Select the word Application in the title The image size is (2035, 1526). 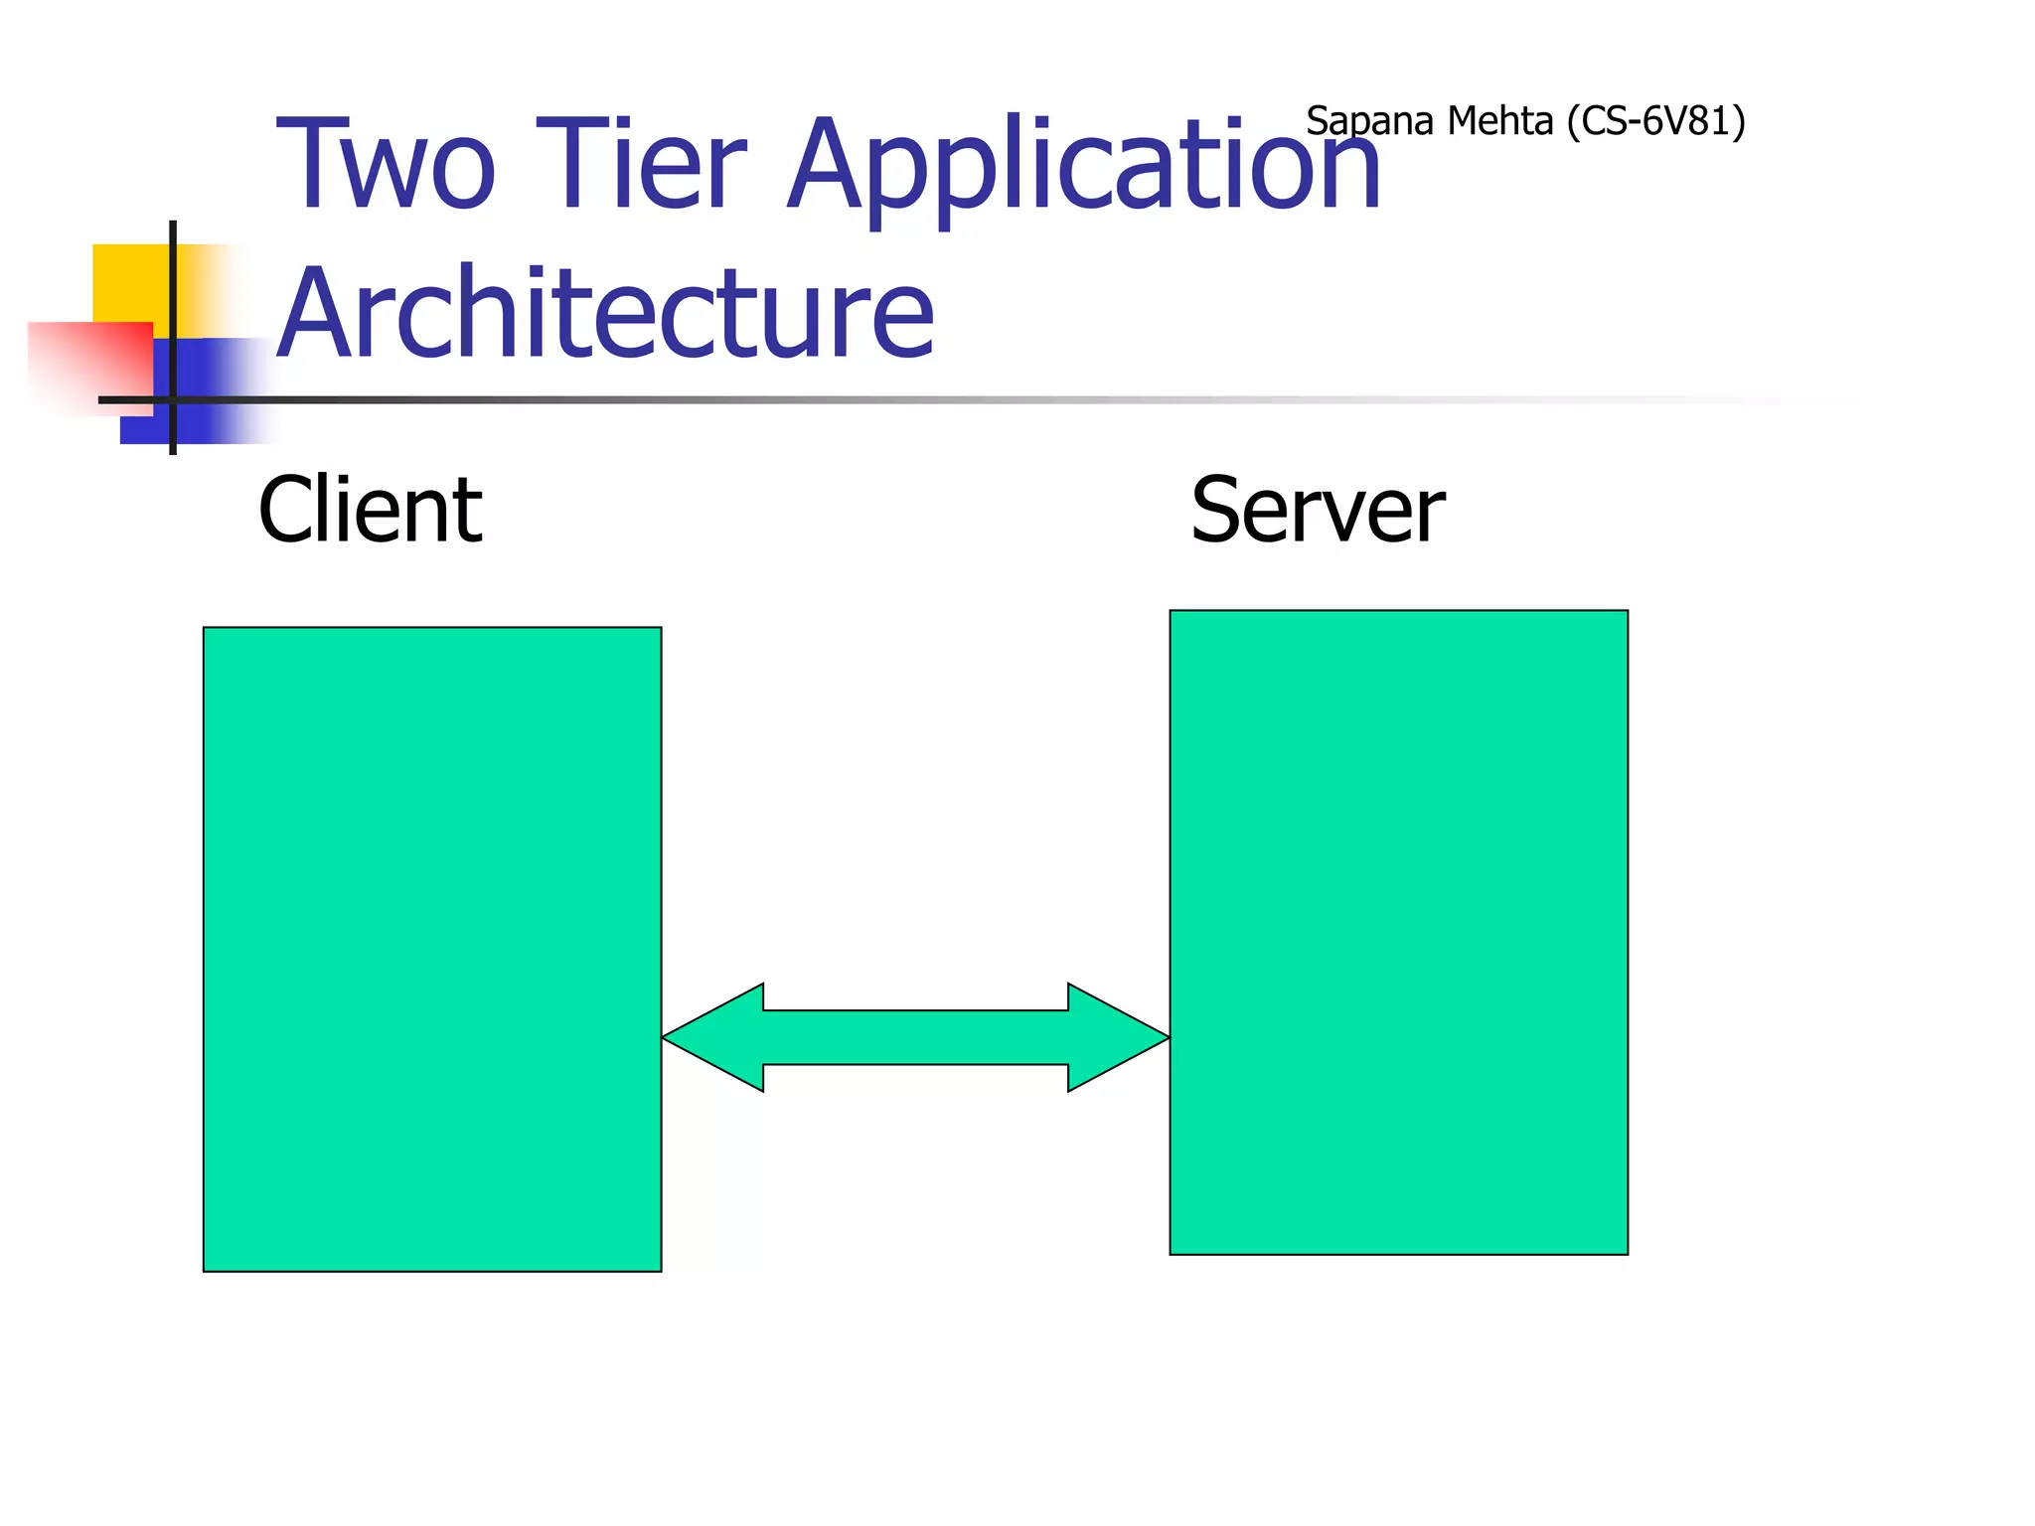tap(1083, 167)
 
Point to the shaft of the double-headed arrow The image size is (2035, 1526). tap(915, 1037)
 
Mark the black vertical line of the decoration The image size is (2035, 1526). tap(173, 298)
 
